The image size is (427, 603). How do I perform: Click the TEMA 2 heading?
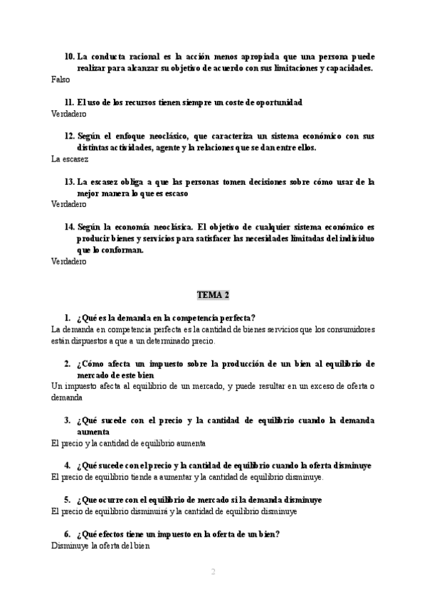213,294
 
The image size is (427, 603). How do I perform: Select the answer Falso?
60,80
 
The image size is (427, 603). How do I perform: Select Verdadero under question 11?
69,114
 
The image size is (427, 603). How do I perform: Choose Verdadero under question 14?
69,262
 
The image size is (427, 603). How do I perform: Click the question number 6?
67,534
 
